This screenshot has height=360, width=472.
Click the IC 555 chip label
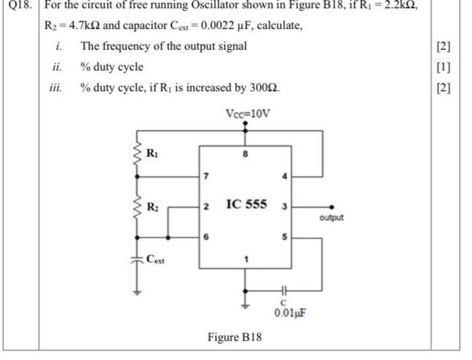pyautogui.click(x=247, y=203)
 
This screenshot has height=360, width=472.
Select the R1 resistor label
pyautogui.click(x=154, y=153)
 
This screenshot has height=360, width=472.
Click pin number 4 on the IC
pyautogui.click(x=285, y=177)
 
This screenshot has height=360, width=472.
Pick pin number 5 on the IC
pyautogui.click(x=285, y=237)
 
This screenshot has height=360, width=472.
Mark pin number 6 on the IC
pyautogui.click(x=207, y=237)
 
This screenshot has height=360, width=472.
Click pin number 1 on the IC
pyautogui.click(x=246, y=258)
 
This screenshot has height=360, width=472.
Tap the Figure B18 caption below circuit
pyautogui.click(x=234, y=336)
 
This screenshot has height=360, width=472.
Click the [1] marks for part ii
pyautogui.click(x=443, y=67)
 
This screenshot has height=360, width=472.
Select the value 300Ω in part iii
pyautogui.click(x=265, y=88)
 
